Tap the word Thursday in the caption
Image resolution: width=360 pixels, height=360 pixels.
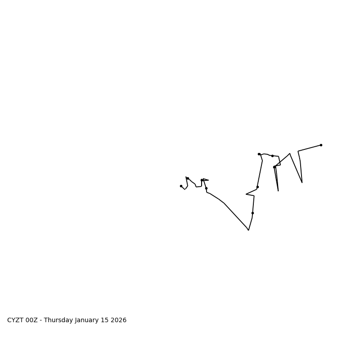[58, 320]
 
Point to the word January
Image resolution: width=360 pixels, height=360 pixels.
[88, 320]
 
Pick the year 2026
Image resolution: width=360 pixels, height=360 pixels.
[119, 320]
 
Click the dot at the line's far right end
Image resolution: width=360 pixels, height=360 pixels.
[321, 145]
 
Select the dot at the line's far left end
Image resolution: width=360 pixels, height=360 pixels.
[181, 186]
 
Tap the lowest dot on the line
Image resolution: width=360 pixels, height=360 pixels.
[252, 213]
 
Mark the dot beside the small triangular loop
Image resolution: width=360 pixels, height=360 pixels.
[202, 180]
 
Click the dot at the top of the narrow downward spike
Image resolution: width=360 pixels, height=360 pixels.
[274, 167]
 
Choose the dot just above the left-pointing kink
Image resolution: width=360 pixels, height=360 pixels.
[257, 187]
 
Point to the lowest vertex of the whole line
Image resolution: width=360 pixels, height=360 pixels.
[248, 230]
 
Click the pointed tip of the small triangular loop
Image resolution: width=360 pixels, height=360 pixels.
[208, 180]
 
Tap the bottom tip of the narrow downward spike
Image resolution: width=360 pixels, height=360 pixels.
[278, 191]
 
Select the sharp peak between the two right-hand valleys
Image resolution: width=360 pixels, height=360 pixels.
[290, 153]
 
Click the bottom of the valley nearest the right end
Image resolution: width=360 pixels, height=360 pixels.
[302, 182]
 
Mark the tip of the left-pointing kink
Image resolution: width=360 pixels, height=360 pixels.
[246, 194]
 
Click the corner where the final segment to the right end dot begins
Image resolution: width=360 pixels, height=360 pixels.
[298, 151]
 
